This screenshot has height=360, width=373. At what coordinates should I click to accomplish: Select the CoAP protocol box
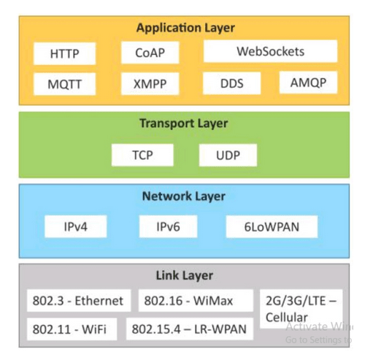[151, 53]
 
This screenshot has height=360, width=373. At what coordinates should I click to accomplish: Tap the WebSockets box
[270, 52]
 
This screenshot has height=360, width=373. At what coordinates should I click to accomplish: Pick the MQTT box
[64, 83]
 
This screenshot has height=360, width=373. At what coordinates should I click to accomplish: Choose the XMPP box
[151, 83]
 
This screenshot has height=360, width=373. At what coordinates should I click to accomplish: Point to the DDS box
[231, 83]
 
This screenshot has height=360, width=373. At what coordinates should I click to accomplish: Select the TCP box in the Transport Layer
[142, 156]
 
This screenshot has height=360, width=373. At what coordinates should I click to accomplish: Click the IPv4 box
[76, 226]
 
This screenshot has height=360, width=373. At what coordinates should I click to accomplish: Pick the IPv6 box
[168, 226]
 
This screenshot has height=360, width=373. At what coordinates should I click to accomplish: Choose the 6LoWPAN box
[272, 226]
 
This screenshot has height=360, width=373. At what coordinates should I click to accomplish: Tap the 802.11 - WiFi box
[69, 329]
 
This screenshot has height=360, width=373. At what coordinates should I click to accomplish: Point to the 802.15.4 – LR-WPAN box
[189, 329]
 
